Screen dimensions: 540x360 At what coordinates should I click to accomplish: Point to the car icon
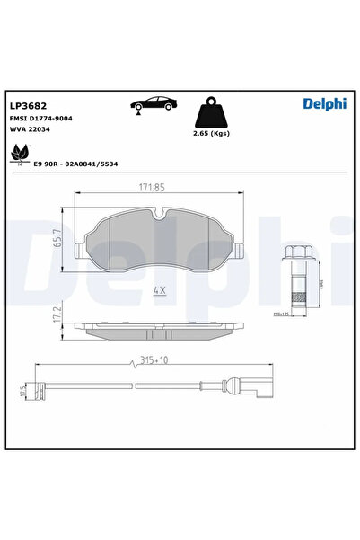(151, 104)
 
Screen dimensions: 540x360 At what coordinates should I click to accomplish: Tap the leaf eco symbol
(18, 157)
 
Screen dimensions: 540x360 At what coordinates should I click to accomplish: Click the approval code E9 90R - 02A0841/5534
(76, 164)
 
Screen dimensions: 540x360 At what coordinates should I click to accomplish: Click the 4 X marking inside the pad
(160, 290)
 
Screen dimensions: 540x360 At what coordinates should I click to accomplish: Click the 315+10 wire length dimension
(155, 359)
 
